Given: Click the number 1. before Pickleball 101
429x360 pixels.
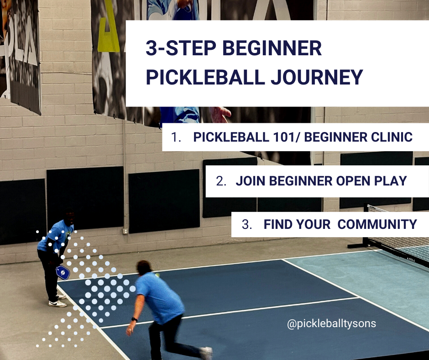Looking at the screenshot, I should click(x=176, y=137).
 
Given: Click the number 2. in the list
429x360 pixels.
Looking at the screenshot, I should click(x=221, y=181).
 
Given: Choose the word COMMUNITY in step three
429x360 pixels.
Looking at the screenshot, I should click(x=377, y=224).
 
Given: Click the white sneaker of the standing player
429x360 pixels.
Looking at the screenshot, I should click(x=57, y=303).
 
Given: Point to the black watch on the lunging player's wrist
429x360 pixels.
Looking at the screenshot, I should click(x=134, y=319).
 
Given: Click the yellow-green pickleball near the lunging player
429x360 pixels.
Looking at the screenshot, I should click(x=157, y=275).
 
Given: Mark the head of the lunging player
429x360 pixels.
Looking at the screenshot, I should click(x=144, y=268).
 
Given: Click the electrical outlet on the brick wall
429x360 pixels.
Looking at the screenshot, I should click(x=125, y=231).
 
